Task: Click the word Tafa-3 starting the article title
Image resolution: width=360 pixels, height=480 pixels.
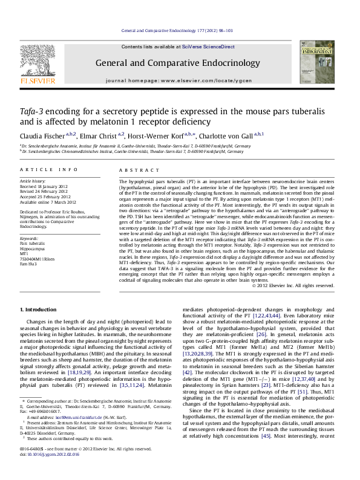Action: coord(34,112)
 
